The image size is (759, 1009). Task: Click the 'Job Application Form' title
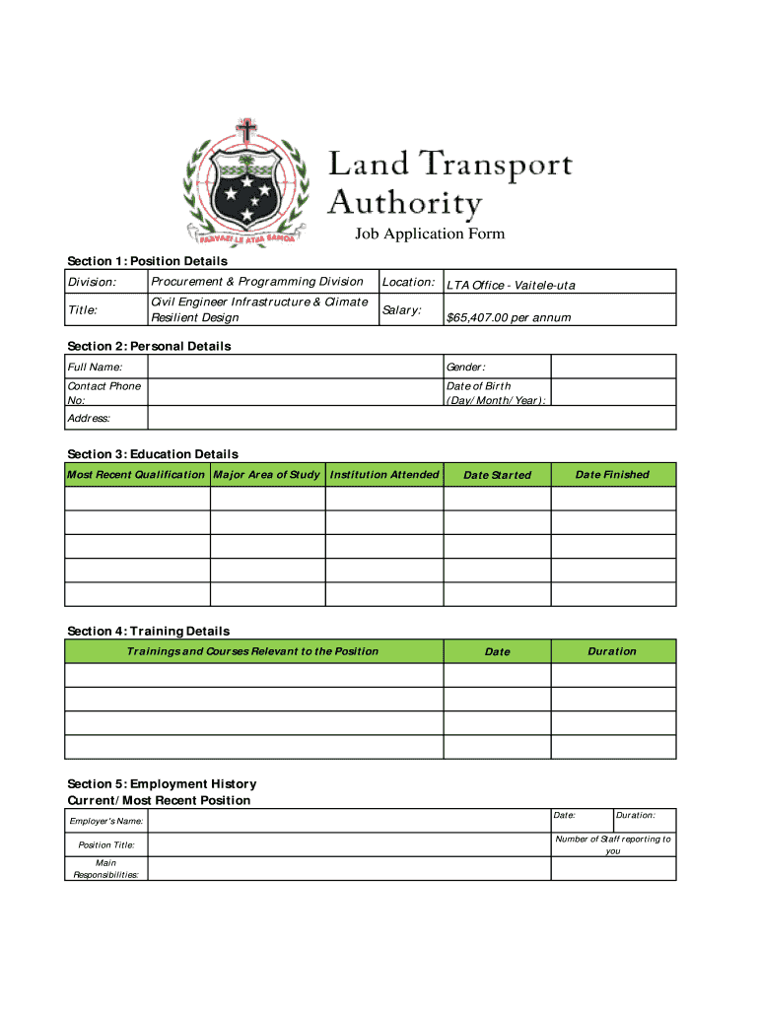tap(430, 234)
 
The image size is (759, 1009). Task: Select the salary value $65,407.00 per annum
tap(509, 317)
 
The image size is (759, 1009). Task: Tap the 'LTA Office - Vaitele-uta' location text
tap(511, 285)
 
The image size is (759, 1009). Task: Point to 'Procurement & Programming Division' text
tap(257, 282)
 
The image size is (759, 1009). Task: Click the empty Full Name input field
tap(295, 367)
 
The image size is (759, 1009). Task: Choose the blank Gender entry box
tap(612, 367)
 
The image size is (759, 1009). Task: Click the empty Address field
tap(411, 418)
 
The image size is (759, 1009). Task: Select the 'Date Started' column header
tap(497, 475)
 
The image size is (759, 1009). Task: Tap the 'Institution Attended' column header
tap(384, 475)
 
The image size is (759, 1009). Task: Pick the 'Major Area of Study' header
tap(267, 475)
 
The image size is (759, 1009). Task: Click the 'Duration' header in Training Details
tap(612, 651)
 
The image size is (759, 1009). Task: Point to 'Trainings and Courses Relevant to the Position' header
tap(253, 651)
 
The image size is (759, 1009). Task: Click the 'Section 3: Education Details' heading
tap(153, 454)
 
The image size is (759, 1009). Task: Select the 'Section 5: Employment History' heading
tap(162, 784)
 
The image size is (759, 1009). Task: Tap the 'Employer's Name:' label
tap(105, 821)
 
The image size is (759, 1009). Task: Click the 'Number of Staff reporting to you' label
tap(613, 844)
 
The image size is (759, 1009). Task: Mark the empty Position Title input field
tap(349, 844)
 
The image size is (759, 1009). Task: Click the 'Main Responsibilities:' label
tap(105, 868)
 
